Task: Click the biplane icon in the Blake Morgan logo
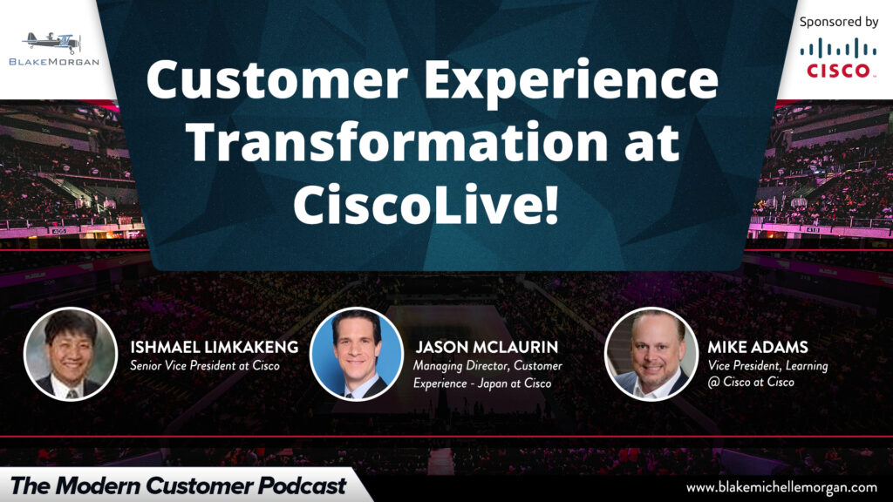[52, 42]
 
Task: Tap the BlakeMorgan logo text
[54, 62]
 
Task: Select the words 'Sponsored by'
[838, 22]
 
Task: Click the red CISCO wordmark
[838, 71]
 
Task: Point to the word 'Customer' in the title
[277, 79]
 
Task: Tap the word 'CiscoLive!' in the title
[426, 203]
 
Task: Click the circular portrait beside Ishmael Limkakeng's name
[71, 354]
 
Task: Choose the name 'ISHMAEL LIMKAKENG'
[215, 347]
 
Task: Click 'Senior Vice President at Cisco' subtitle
[205, 365]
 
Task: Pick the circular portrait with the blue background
[357, 354]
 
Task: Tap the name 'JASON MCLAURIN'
[487, 347]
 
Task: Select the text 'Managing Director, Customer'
[488, 366]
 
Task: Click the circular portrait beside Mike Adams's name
[651, 354]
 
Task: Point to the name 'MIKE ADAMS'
[758, 347]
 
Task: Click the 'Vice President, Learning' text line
[767, 366]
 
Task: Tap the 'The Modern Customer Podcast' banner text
[178, 485]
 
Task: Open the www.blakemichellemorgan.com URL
[781, 488]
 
